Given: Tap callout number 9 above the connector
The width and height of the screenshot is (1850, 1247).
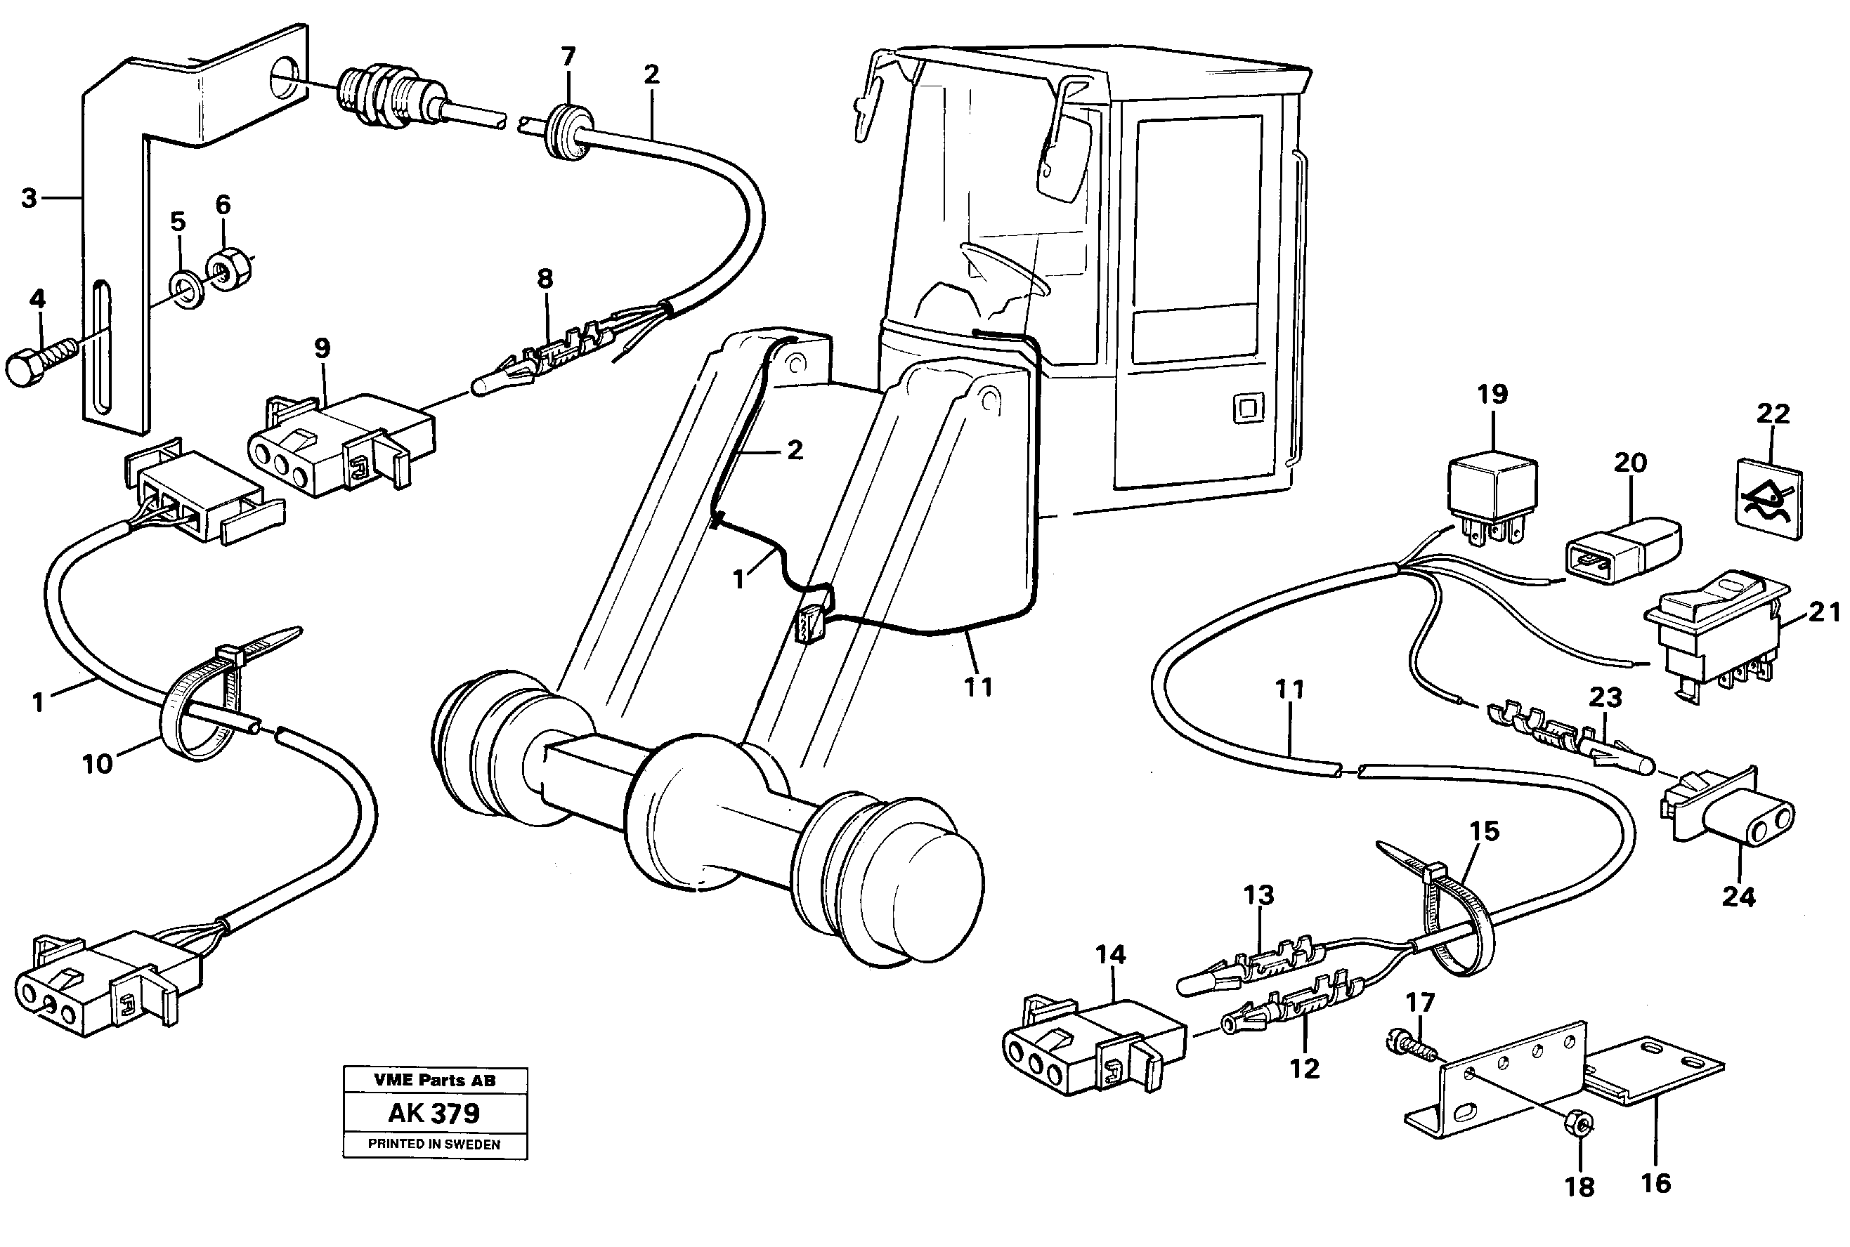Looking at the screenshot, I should click(322, 348).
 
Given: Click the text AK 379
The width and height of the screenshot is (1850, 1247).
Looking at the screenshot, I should click(434, 1113).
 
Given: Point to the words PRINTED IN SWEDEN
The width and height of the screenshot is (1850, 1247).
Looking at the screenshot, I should click(434, 1144).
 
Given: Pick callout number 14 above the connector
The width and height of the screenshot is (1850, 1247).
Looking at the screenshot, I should click(1110, 954).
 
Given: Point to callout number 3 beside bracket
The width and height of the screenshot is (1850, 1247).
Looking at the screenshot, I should click(29, 197).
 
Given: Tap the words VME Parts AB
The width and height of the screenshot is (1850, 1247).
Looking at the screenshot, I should click(434, 1080).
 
